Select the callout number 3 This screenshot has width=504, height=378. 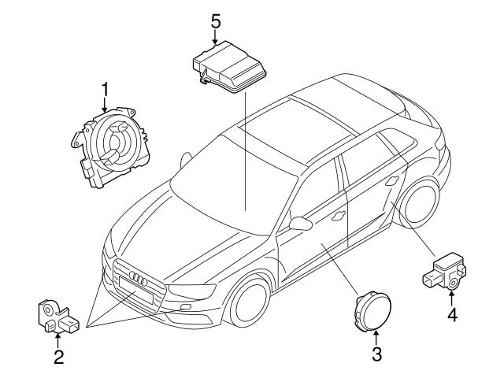376,354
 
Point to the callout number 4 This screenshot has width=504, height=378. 452,315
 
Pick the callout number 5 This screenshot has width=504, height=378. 215,20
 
